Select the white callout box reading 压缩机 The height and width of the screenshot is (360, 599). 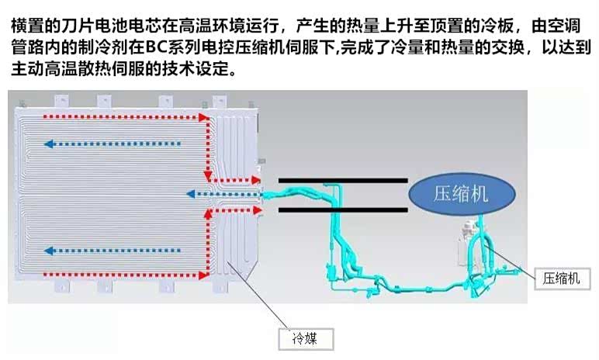click(x=561, y=278)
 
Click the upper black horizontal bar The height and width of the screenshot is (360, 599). click(x=342, y=181)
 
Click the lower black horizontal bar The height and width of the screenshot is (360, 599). click(x=342, y=209)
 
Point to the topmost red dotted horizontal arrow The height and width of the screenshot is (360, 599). click(x=124, y=117)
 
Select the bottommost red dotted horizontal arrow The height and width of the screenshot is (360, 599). click(x=124, y=272)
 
